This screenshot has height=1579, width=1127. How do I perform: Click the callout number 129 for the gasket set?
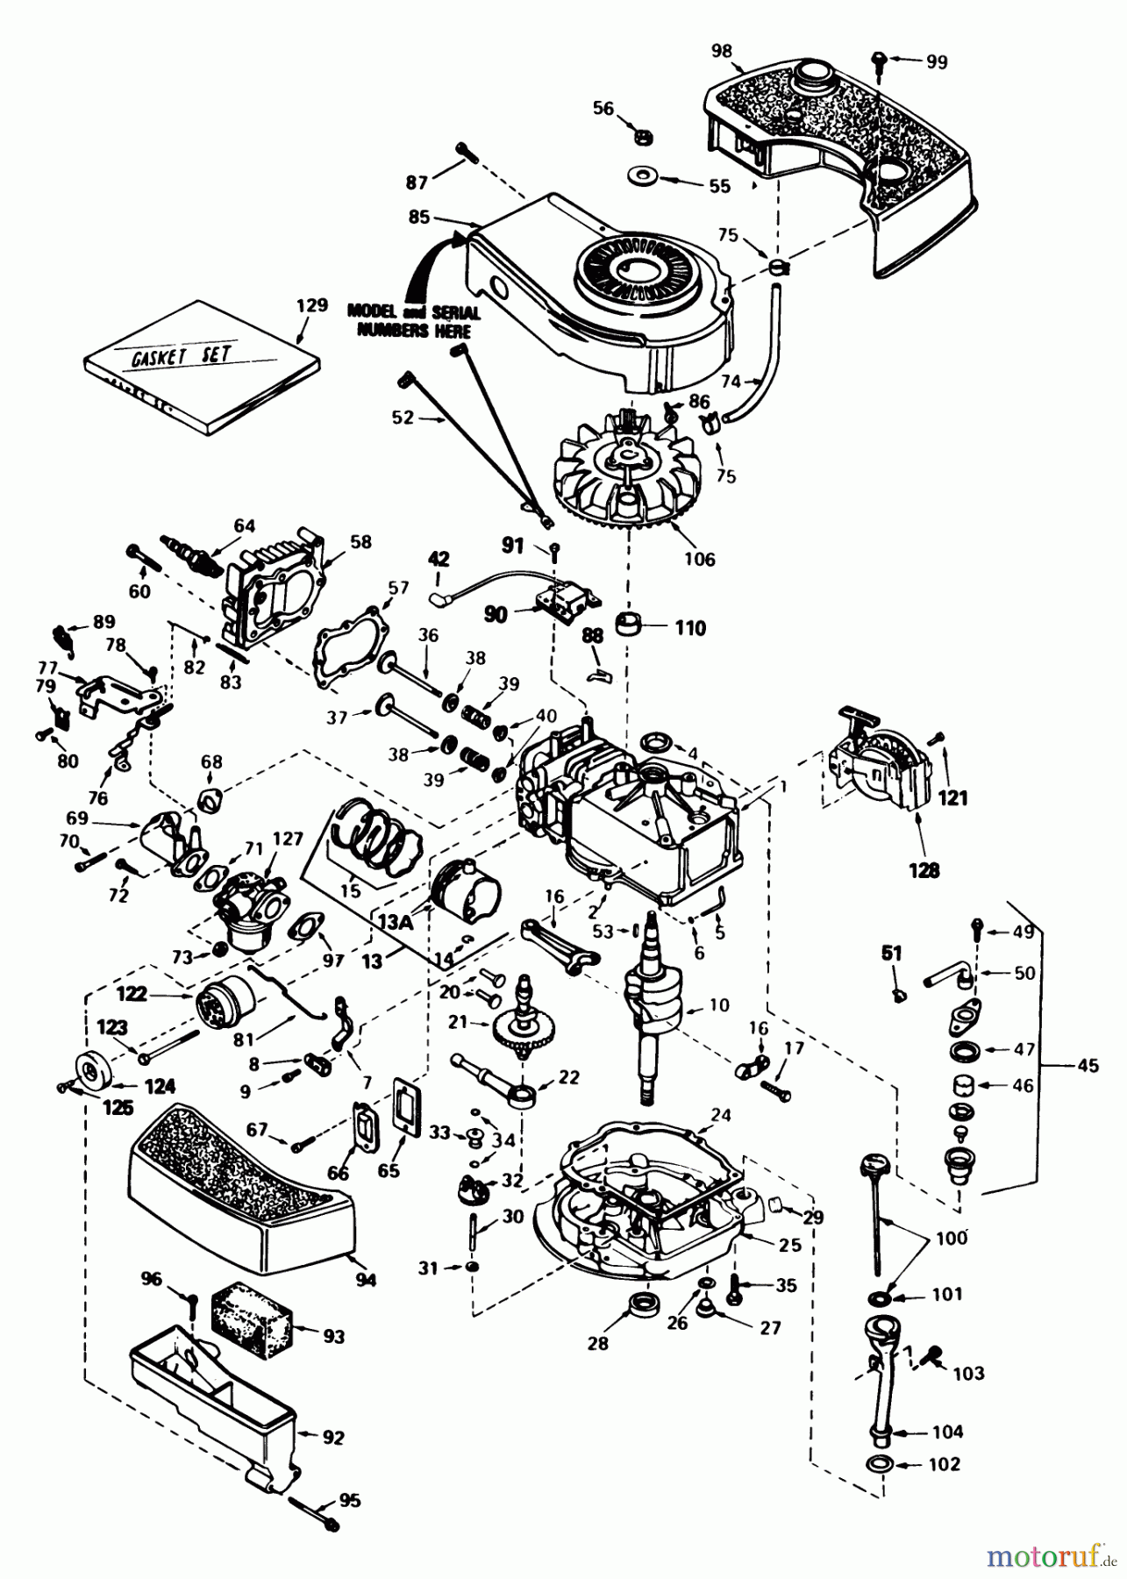[312, 306]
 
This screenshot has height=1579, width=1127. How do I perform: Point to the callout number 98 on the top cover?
[721, 51]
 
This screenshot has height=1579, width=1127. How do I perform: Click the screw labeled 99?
[879, 61]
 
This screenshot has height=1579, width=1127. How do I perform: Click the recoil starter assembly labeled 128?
[877, 768]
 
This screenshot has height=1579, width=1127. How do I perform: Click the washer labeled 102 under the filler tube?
[880, 1464]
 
